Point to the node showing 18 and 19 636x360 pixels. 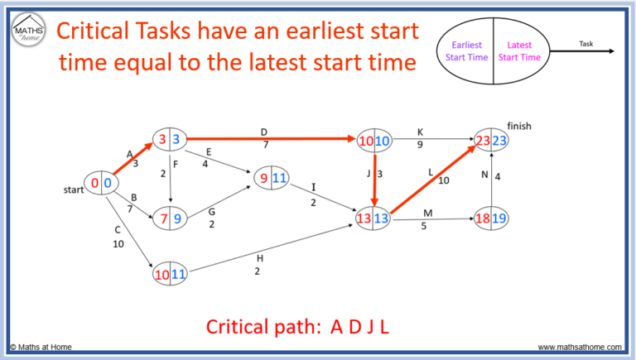[491, 219]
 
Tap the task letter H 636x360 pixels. [259, 259]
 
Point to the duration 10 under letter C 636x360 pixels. [119, 245]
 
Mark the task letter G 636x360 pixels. [211, 211]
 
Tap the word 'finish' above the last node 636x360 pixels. [518, 127]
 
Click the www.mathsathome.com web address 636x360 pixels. [582, 347]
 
